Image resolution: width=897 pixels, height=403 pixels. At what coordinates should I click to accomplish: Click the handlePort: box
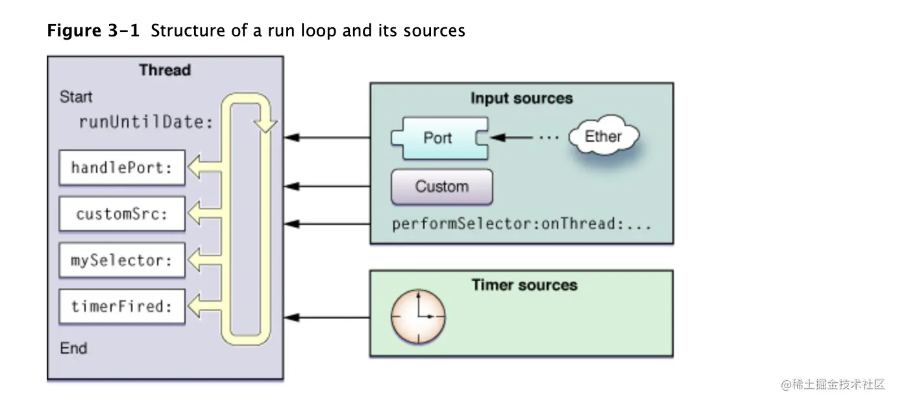(122, 168)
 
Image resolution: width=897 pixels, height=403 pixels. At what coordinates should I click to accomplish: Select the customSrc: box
(122, 214)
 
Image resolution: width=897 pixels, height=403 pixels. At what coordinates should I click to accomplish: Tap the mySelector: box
(122, 260)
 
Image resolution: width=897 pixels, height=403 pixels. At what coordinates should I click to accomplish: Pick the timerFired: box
(122, 306)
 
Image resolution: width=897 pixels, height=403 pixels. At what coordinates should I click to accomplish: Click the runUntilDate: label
(146, 122)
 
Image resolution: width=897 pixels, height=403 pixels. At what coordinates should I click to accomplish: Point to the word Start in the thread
(76, 97)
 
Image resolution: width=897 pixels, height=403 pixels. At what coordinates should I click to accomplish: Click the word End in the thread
(73, 348)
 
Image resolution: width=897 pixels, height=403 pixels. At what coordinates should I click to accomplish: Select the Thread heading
(165, 70)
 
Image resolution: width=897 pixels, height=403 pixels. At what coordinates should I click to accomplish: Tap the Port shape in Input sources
(439, 138)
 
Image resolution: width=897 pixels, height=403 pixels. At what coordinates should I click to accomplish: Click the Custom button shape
(441, 187)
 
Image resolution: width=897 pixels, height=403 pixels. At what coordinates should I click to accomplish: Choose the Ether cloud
(603, 136)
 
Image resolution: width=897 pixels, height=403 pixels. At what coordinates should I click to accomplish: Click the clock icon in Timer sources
(418, 317)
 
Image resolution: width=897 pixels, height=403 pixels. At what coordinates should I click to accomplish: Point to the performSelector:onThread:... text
(521, 224)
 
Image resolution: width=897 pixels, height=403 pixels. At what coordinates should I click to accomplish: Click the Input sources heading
(521, 98)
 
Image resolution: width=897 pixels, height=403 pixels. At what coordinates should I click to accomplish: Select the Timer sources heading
(524, 285)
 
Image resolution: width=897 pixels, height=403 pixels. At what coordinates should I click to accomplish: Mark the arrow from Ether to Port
(513, 138)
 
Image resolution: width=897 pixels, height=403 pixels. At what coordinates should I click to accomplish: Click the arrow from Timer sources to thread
(328, 317)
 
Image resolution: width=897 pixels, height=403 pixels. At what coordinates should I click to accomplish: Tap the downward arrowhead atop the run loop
(265, 125)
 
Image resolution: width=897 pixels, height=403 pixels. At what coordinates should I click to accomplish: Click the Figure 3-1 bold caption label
(93, 31)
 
